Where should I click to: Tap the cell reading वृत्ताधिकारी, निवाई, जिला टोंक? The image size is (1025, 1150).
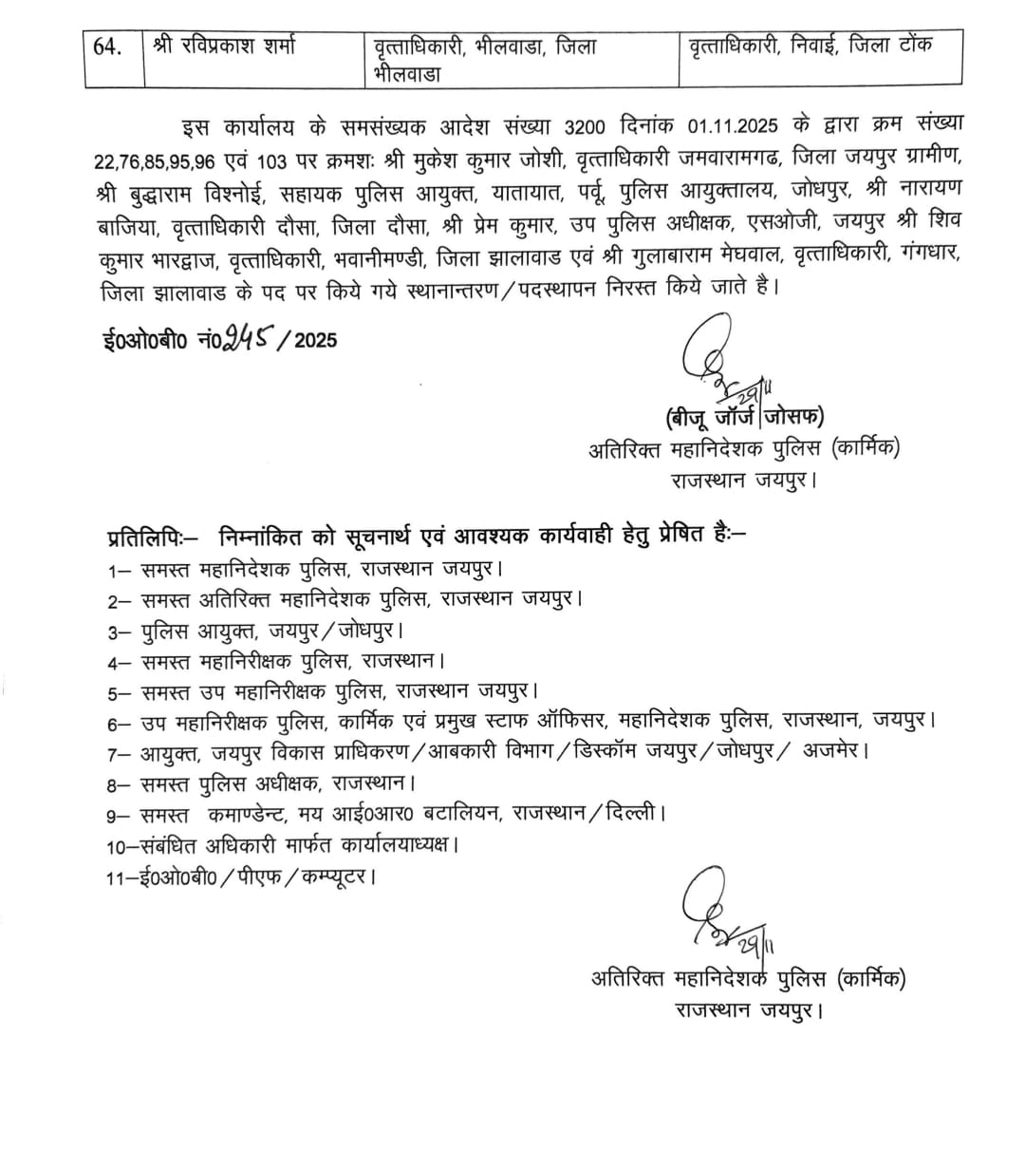(x=811, y=46)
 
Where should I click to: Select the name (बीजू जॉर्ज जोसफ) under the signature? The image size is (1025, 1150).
(x=744, y=417)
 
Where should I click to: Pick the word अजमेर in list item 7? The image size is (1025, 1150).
(x=835, y=751)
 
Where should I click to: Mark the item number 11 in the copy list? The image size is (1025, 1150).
(x=117, y=877)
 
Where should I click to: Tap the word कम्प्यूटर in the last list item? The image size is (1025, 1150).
(x=332, y=877)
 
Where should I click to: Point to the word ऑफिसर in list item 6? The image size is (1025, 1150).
(x=566, y=722)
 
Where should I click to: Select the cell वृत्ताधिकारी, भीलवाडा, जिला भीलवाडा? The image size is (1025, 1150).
(x=484, y=57)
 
